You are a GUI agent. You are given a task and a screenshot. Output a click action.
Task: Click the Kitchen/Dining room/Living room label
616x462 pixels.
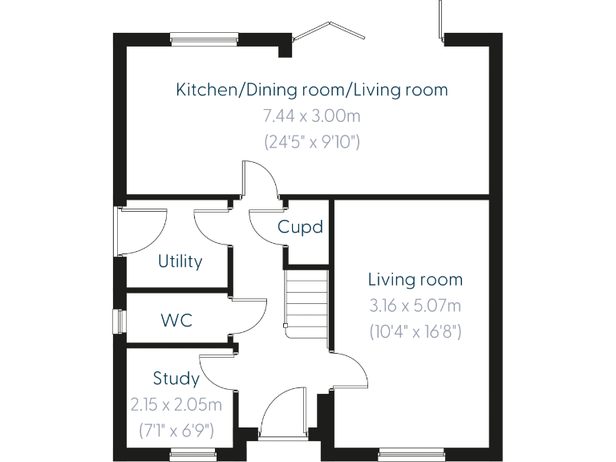(x=312, y=89)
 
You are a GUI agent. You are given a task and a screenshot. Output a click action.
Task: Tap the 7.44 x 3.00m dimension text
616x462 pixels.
(x=312, y=115)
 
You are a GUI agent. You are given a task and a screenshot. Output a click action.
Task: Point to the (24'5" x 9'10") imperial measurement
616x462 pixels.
(x=312, y=142)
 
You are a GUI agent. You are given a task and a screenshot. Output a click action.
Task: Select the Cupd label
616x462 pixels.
(x=300, y=227)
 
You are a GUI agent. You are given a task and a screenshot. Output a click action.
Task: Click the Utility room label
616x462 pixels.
(x=180, y=261)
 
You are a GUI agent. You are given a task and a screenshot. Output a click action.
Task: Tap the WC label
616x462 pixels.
(x=176, y=320)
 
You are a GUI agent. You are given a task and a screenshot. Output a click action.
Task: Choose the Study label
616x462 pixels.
(x=176, y=378)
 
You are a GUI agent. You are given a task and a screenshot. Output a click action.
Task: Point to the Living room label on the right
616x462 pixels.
(x=415, y=280)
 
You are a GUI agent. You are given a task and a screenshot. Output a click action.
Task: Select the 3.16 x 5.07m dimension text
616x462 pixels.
(x=415, y=306)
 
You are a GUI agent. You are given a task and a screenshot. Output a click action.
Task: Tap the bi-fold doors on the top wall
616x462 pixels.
(x=328, y=31)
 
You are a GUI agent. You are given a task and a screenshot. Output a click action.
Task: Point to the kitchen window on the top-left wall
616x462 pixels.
(x=204, y=35)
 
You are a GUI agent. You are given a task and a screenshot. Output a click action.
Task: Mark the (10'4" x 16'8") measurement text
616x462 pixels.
(x=415, y=331)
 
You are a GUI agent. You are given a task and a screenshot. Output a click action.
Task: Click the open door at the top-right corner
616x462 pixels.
(x=440, y=21)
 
